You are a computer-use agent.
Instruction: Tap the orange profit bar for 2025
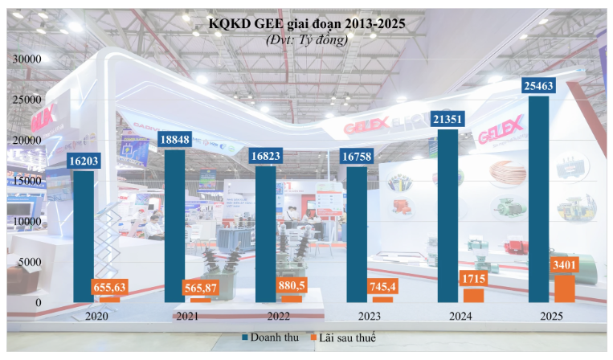(565, 289)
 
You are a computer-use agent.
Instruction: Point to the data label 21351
(447, 119)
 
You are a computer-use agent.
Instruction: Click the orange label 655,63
(110, 287)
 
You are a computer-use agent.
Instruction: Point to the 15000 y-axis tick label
(27, 181)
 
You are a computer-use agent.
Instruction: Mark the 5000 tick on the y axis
(31, 262)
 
